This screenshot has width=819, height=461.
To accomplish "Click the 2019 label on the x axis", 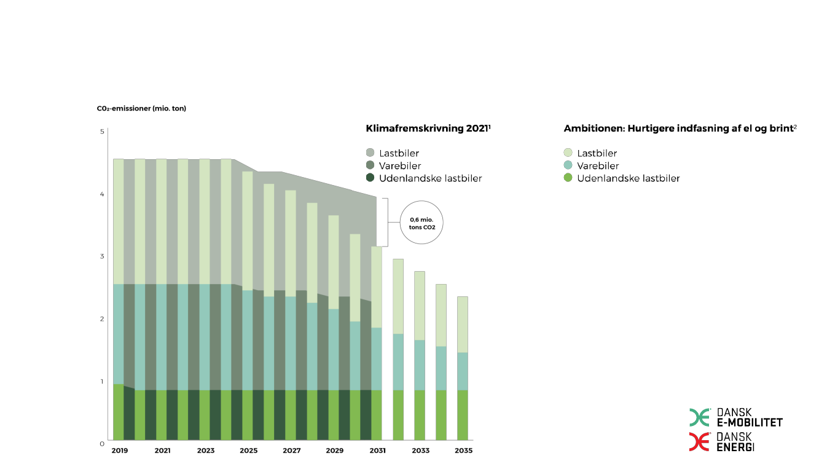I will [x=119, y=451].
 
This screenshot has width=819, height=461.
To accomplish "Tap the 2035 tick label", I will [x=463, y=451].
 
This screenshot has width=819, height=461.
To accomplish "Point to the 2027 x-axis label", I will [x=291, y=451].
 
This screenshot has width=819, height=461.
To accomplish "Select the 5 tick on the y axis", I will [x=102, y=132].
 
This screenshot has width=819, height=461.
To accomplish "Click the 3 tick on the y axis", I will [x=102, y=256].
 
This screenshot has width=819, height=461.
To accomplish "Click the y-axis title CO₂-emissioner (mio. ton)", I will [x=141, y=108].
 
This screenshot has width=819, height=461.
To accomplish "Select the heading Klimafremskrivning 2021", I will [x=428, y=128].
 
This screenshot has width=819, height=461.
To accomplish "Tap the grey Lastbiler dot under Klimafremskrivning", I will [x=370, y=153].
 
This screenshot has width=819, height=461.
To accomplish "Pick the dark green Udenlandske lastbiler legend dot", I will [x=370, y=178].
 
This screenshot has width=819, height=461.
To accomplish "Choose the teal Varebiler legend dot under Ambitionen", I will [x=568, y=166].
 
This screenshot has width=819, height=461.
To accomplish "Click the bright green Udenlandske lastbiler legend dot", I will [x=568, y=178].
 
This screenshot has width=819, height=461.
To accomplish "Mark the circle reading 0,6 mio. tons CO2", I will [x=421, y=223].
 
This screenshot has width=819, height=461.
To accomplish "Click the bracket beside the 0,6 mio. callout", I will [x=385, y=222].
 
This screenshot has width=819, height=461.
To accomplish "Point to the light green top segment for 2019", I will [x=119, y=221].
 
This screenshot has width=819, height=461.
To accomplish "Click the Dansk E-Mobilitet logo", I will [x=736, y=417].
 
